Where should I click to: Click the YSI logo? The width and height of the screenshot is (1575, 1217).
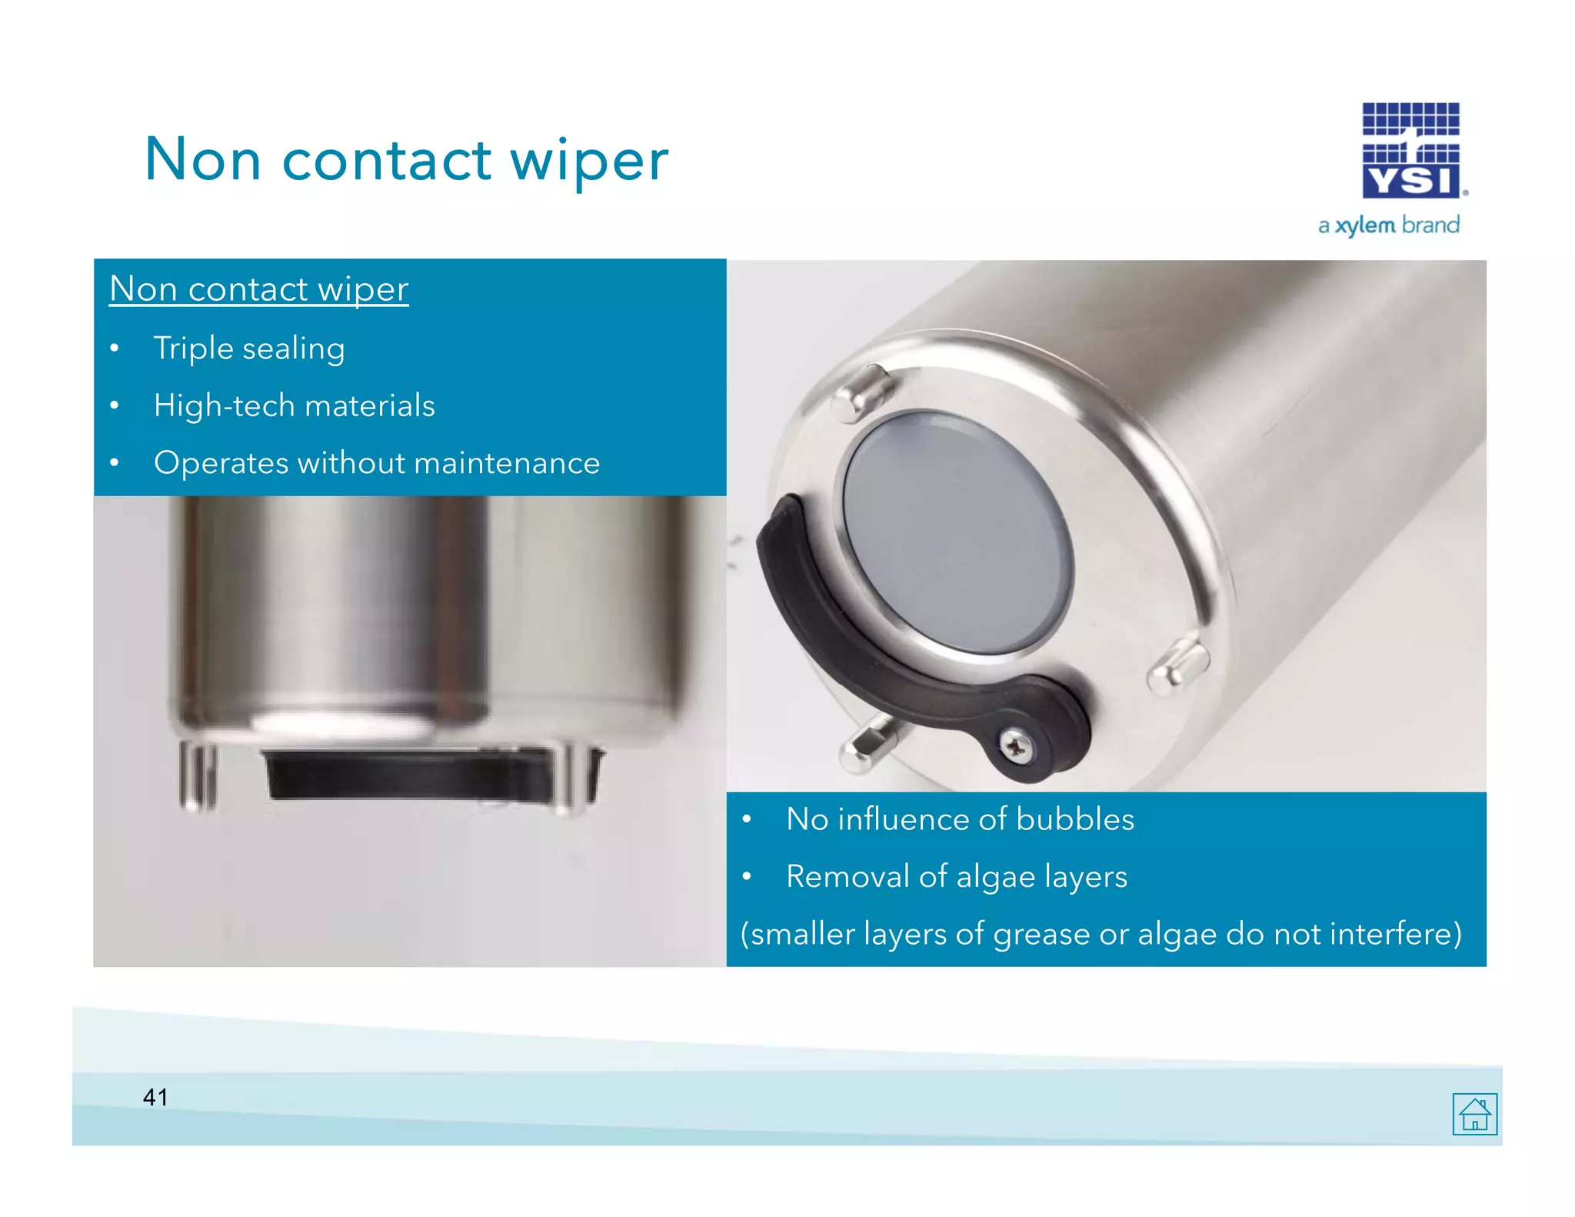(x=1411, y=151)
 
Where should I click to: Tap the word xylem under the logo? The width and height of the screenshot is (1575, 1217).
(x=1365, y=225)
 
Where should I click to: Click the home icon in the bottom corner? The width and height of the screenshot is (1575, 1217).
(x=1474, y=1113)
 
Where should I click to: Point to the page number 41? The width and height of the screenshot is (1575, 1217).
(x=155, y=1097)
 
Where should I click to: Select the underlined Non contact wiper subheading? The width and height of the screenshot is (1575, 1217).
(x=258, y=289)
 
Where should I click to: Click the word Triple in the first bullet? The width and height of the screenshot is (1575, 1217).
(x=193, y=348)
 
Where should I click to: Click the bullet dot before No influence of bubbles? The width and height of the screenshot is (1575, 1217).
(x=746, y=820)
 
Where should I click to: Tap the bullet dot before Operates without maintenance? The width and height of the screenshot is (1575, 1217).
(x=115, y=463)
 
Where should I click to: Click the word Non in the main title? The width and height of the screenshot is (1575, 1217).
(x=203, y=161)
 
